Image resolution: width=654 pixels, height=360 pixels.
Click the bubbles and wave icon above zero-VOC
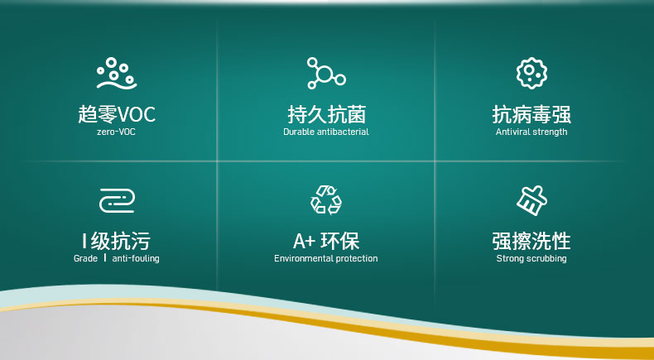click(116, 74)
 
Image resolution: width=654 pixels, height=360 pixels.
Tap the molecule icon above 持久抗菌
click(325, 74)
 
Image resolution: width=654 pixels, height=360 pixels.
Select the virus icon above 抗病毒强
click(531, 74)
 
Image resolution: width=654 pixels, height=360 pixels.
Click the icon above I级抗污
click(116, 200)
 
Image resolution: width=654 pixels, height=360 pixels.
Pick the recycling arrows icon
click(325, 199)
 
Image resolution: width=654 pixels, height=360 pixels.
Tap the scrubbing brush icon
click(531, 200)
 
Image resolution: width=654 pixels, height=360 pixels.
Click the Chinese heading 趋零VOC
click(116, 114)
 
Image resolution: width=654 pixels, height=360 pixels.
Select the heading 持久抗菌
click(326, 114)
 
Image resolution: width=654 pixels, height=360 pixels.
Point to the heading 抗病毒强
click(531, 114)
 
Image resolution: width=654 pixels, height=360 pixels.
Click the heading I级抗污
click(116, 241)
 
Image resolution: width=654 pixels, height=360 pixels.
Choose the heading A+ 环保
click(326, 241)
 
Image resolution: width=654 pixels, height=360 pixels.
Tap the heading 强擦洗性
click(531, 241)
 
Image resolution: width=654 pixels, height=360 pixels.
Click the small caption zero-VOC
click(116, 132)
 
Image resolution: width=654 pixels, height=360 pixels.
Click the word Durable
click(299, 132)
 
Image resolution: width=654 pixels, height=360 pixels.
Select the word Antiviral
click(513, 132)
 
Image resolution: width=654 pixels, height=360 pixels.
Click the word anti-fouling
click(136, 259)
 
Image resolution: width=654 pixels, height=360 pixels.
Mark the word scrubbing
click(546, 259)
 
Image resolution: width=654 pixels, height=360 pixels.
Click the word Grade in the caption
click(85, 259)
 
